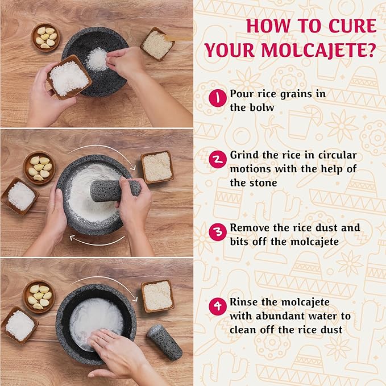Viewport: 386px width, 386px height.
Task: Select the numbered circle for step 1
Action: (218, 98)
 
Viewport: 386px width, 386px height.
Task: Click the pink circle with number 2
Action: (218, 159)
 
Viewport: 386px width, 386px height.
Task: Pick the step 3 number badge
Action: (218, 232)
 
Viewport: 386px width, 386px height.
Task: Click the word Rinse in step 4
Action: (244, 302)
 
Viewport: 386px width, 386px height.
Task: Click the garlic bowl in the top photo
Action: (46, 36)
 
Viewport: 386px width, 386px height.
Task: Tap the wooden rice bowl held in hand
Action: (69, 78)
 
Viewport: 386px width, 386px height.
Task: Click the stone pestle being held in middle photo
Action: (114, 190)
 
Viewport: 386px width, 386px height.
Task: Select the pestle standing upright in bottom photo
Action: (164, 342)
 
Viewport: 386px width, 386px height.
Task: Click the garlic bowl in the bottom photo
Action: (39, 296)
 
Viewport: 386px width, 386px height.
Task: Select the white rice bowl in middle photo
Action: (20, 196)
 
